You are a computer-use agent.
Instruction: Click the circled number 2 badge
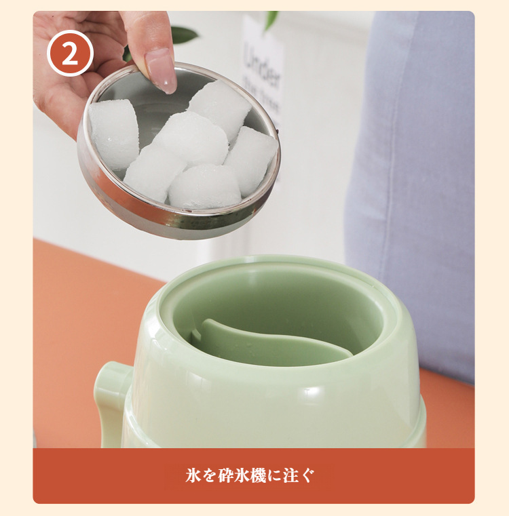(70, 53)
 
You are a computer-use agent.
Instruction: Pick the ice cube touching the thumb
(219, 108)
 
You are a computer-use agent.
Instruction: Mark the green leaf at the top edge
(271, 20)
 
